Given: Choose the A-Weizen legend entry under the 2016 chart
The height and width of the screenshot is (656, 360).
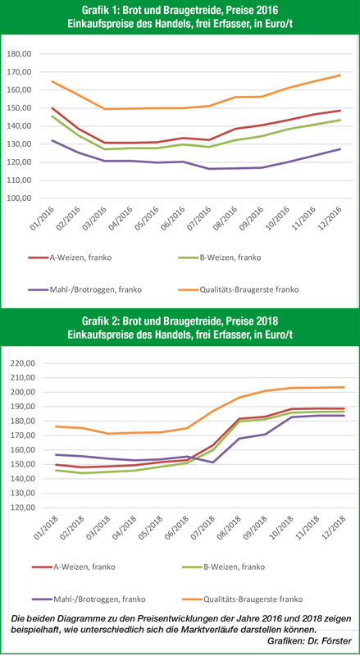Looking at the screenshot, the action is point(71,257).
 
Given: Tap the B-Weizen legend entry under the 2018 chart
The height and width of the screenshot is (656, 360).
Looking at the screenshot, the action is point(225,567).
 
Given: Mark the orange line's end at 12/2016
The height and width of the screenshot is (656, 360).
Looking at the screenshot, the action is point(339,75).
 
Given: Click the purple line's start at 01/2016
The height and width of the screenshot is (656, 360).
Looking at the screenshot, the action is point(52,140).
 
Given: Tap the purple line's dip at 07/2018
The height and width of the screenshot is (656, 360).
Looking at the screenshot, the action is point(213,462).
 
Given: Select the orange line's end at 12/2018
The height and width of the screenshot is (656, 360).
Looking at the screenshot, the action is point(344,387).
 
